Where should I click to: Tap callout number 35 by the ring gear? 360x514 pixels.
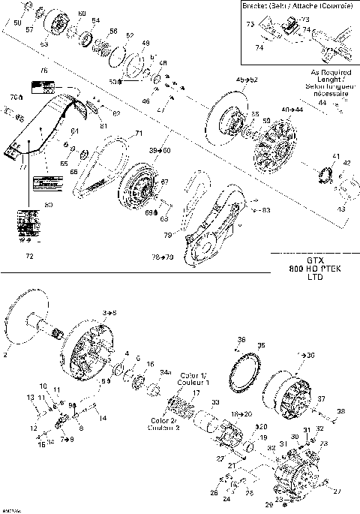click(x=261, y=346)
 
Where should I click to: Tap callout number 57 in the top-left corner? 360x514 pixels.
click(x=30, y=30)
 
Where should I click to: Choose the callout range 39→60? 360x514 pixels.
click(x=160, y=151)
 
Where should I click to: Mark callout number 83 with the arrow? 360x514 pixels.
click(x=266, y=210)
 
